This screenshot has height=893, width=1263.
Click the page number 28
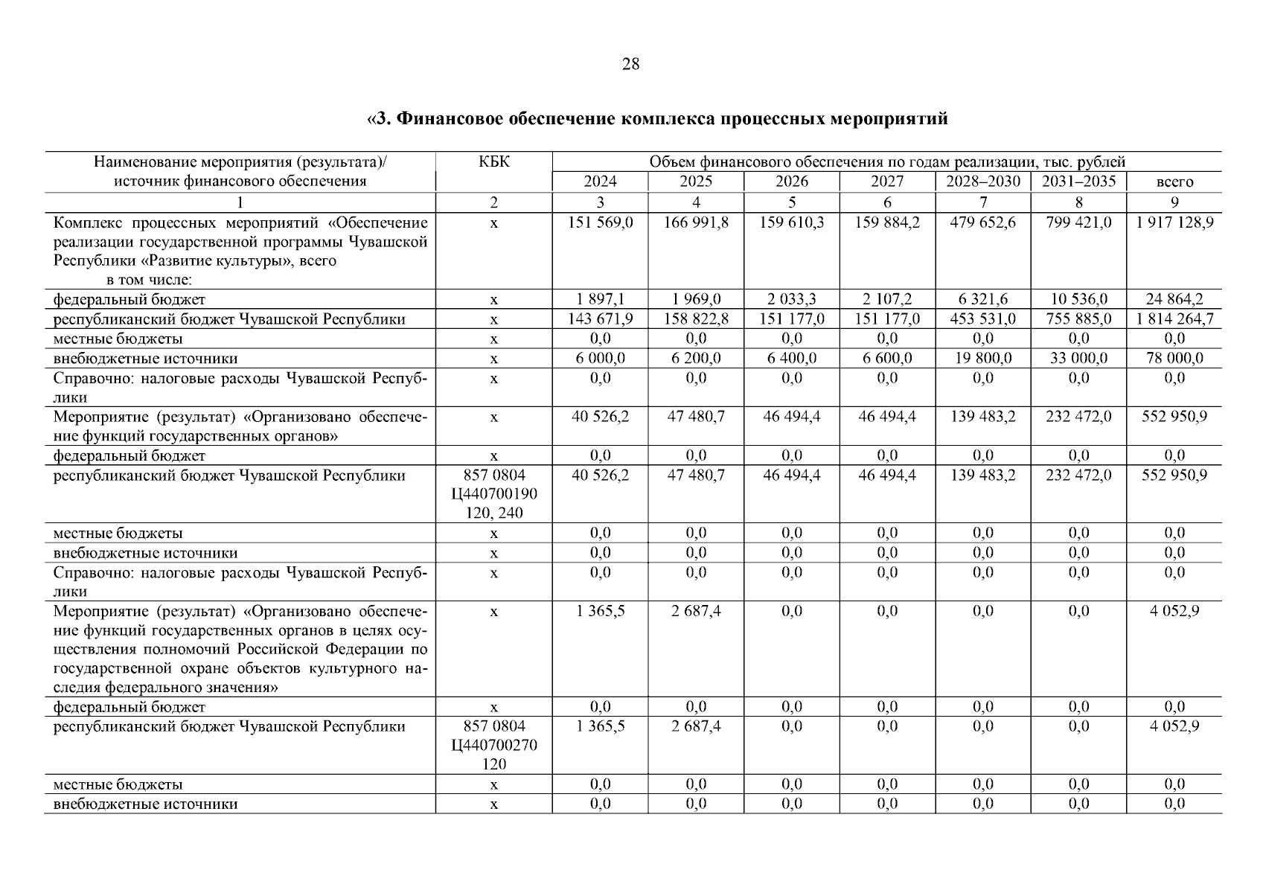click(x=630, y=64)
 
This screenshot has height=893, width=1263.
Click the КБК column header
click(x=494, y=162)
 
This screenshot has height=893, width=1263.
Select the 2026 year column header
click(x=791, y=182)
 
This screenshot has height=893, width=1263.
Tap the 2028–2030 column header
click(x=983, y=182)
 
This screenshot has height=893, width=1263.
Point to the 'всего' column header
click(x=1174, y=182)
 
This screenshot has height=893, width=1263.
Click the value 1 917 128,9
click(x=1174, y=222)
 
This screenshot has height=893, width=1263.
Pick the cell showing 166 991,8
click(x=696, y=222)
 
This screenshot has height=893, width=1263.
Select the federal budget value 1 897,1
click(x=600, y=299)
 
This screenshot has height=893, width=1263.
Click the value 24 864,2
click(x=1174, y=299)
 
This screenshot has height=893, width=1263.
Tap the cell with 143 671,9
click(x=600, y=319)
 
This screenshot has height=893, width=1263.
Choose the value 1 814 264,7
click(x=1174, y=319)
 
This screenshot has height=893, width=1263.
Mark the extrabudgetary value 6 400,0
click(x=791, y=358)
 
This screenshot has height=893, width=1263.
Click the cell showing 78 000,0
click(x=1174, y=358)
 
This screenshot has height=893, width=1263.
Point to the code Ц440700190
click(x=494, y=493)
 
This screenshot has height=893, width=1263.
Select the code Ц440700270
click(x=494, y=745)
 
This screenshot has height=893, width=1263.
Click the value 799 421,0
click(x=1078, y=222)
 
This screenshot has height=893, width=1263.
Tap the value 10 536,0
click(x=1078, y=299)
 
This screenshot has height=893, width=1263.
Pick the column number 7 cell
click(x=983, y=202)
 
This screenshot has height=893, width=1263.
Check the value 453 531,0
click(x=983, y=319)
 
